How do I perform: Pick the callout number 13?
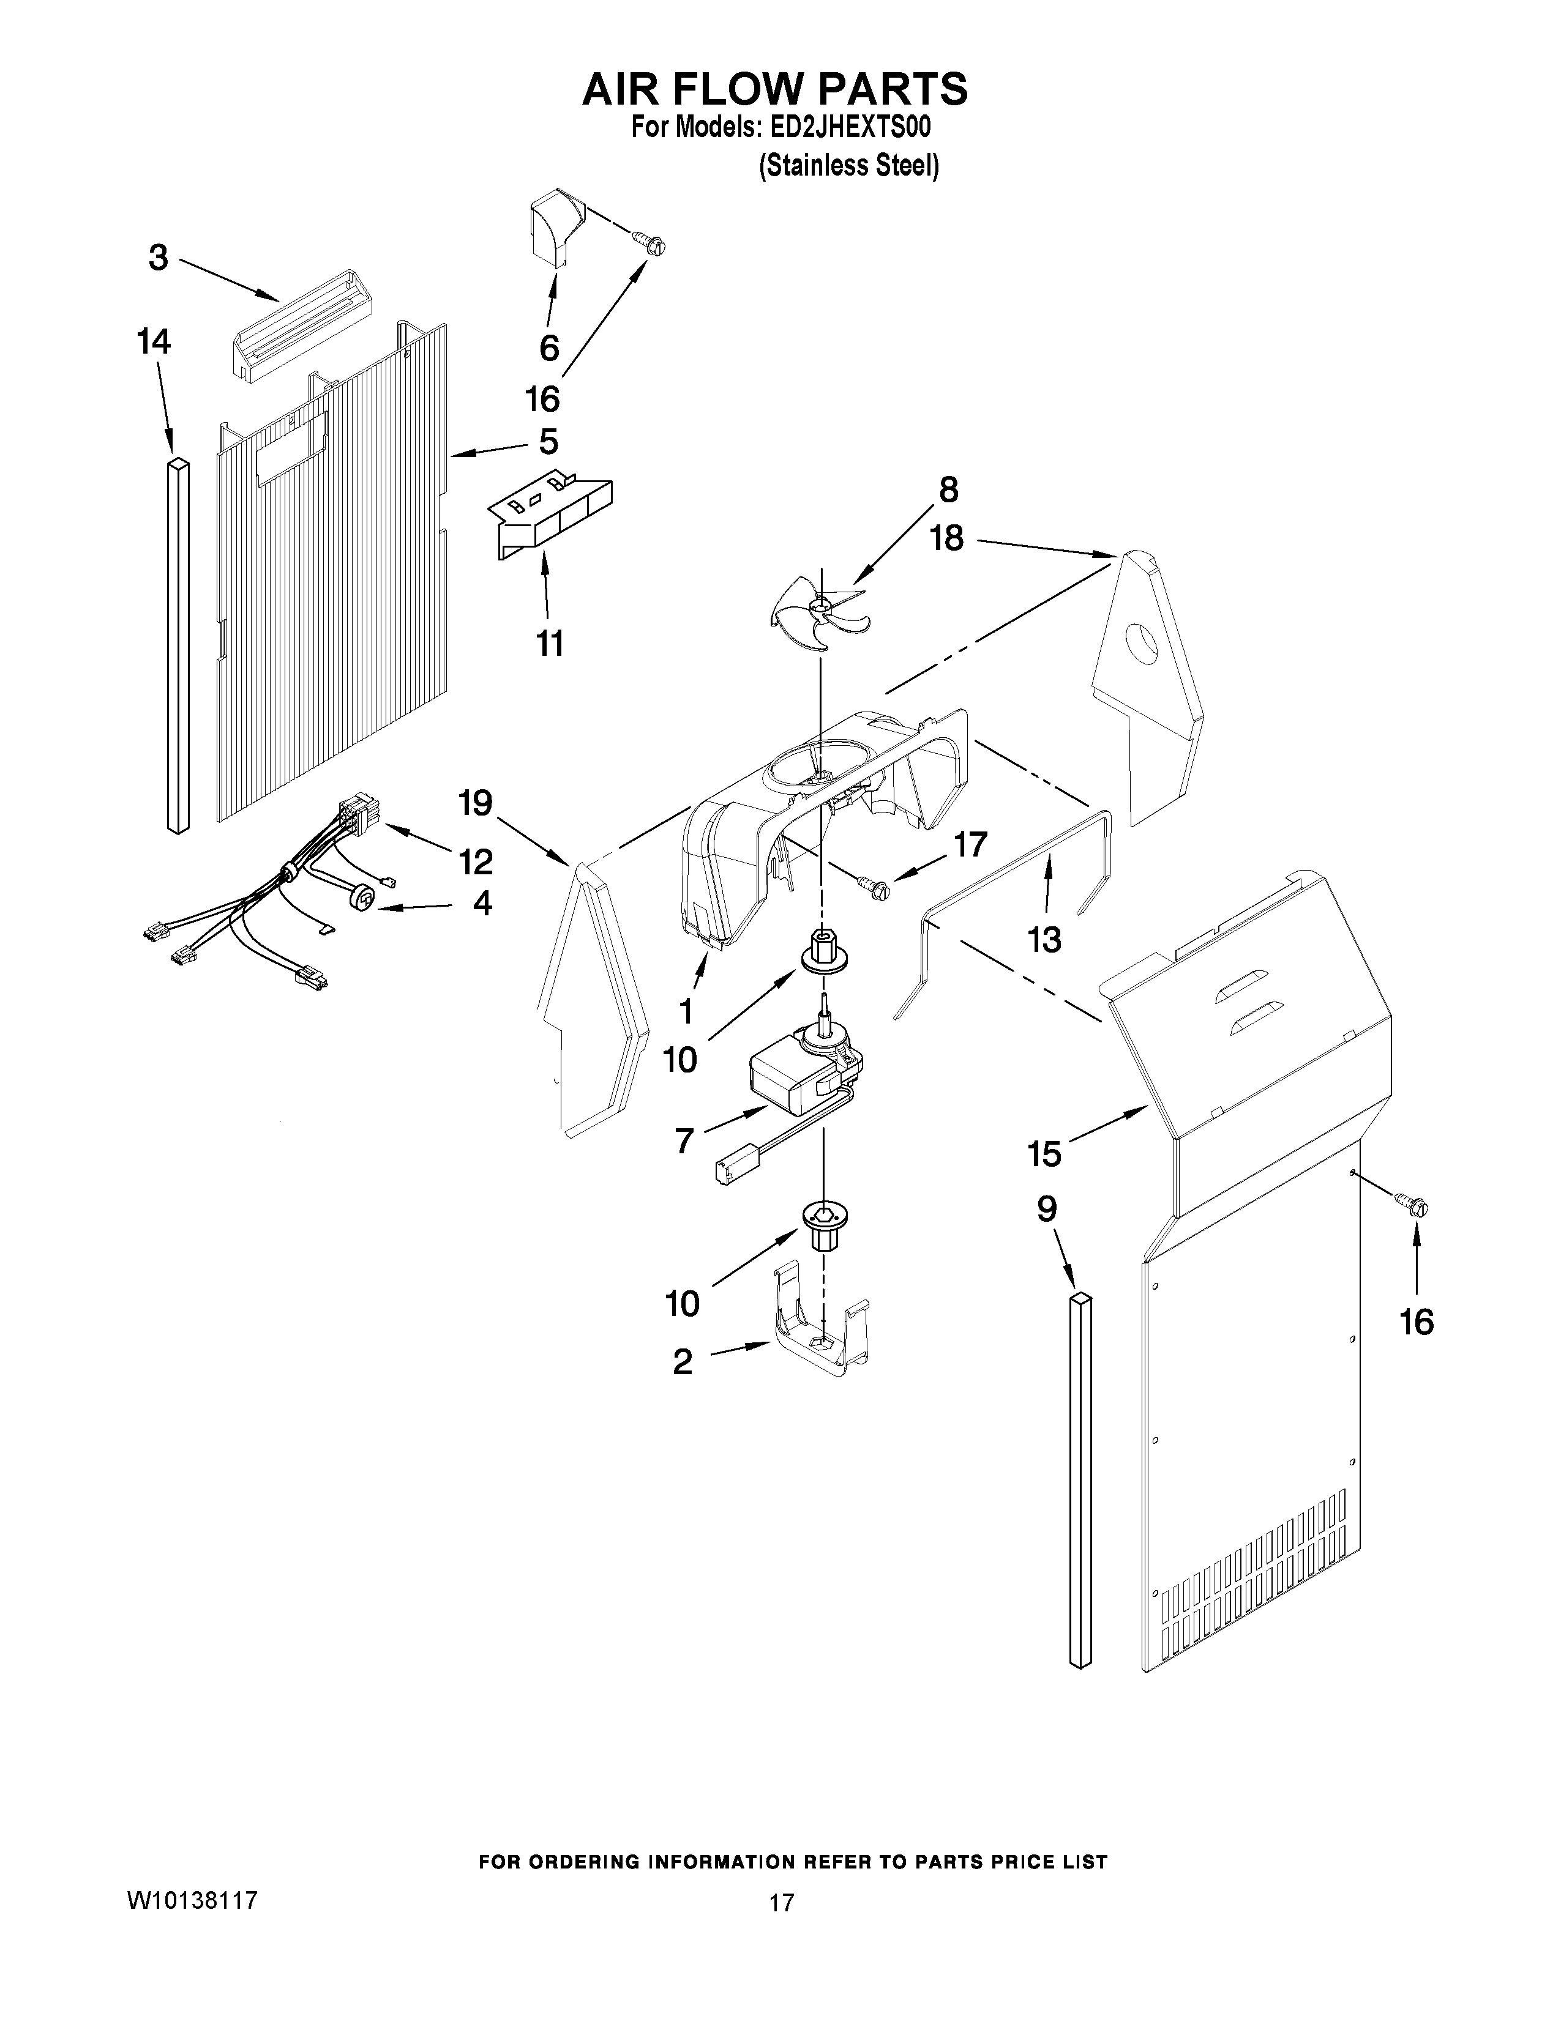pyautogui.click(x=1045, y=940)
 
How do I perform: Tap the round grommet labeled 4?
pyautogui.click(x=364, y=898)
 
